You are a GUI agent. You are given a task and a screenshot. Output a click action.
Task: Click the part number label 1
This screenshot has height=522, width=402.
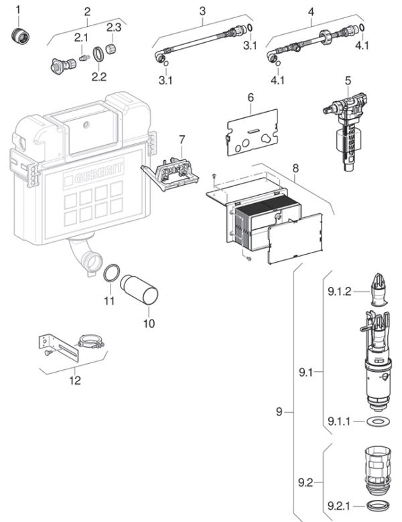18,9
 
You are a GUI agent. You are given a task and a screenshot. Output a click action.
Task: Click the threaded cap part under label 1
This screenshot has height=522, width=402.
20,36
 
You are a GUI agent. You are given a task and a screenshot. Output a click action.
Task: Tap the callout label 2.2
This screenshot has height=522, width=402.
99,77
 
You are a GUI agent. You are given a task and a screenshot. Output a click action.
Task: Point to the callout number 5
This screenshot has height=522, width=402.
348,80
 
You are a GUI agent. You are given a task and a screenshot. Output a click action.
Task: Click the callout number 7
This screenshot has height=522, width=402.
182,139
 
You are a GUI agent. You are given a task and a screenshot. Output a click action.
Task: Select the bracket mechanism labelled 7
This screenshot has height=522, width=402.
170,174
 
